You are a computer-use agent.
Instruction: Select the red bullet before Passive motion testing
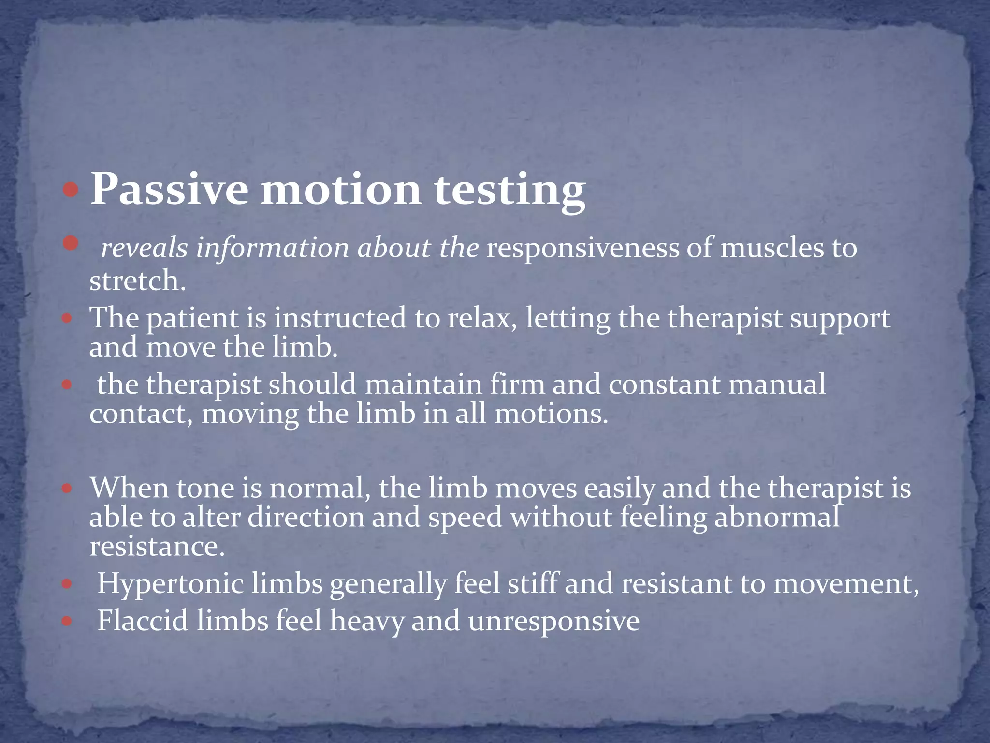click(x=71, y=190)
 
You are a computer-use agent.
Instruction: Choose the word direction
click(x=306, y=517)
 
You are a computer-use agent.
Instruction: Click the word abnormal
click(x=776, y=517)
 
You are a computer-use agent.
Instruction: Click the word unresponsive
click(x=553, y=622)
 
